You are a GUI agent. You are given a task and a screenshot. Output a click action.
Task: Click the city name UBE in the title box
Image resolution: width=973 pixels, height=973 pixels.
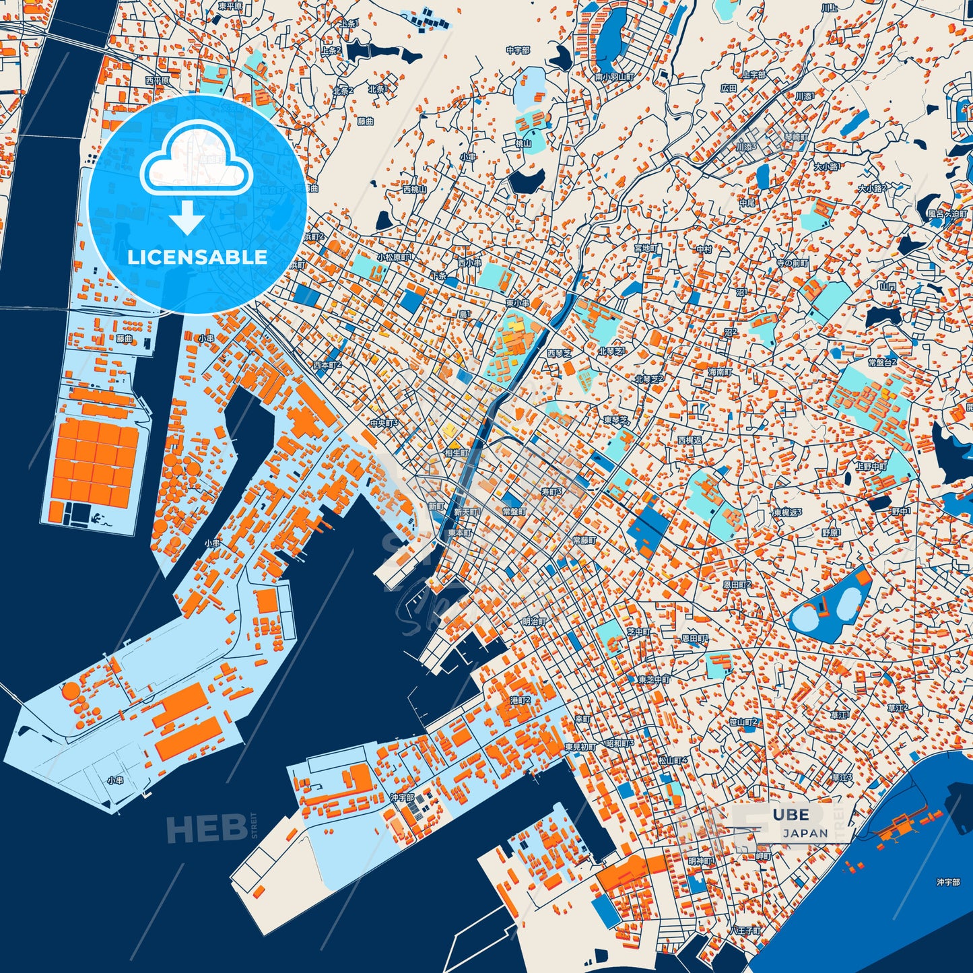[791, 815]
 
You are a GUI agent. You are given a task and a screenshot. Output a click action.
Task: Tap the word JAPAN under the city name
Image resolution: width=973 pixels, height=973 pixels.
[805, 833]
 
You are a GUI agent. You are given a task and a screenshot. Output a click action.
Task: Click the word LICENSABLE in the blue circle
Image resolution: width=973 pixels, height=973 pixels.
[197, 257]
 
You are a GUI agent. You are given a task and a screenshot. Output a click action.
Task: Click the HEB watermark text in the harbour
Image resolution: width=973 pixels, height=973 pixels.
[206, 828]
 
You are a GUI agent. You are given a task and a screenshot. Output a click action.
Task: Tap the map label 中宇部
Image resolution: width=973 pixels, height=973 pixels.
[518, 51]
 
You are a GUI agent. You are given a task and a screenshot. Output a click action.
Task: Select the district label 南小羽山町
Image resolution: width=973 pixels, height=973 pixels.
[614, 77]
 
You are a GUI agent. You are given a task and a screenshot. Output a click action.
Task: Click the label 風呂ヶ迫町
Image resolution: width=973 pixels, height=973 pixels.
[948, 213]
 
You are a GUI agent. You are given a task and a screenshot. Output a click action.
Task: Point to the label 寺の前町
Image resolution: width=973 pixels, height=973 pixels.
[792, 263]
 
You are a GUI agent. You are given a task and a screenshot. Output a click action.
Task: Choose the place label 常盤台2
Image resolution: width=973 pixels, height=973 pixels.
[882, 362]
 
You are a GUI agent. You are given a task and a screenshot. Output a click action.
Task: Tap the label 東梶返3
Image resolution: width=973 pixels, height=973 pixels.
[788, 512]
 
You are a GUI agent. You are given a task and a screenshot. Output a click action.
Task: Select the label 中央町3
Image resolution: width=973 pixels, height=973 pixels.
[384, 424]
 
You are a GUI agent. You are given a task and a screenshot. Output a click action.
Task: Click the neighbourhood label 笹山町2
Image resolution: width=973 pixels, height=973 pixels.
[743, 722]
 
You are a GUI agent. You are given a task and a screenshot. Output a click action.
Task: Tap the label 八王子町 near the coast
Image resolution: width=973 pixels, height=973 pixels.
[745, 931]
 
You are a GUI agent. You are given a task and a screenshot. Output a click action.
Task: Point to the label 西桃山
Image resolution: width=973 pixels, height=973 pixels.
[414, 190]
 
